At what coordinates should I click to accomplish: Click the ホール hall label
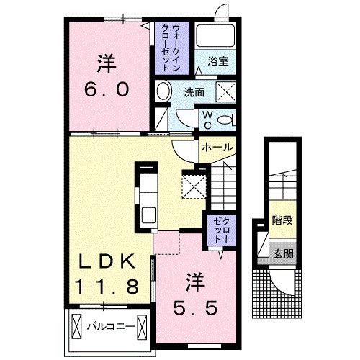pyautogui.click(x=217, y=147)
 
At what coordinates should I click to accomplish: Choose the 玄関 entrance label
pyautogui.click(x=282, y=253)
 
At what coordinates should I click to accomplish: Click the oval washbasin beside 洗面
pyautogui.click(x=163, y=91)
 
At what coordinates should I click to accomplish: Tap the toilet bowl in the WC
pyautogui.click(x=227, y=120)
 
